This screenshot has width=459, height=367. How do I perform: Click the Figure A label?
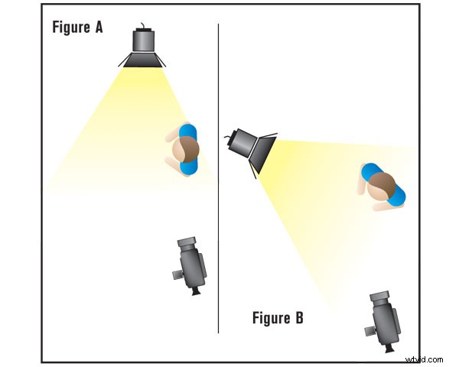tap(77, 28)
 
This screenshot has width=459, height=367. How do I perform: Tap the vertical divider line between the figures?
tap(219, 229)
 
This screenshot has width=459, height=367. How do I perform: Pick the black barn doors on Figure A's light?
tap(143, 60)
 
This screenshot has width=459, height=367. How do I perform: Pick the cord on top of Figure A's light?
tap(143, 24)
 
